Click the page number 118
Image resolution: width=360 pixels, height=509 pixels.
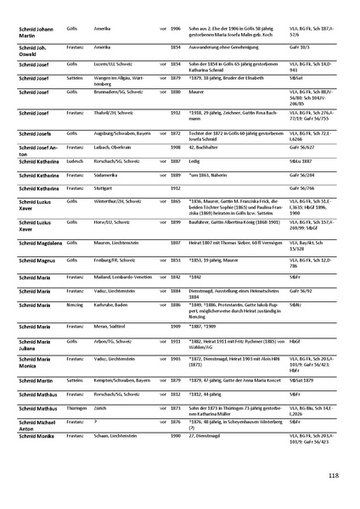tap(333, 476)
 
